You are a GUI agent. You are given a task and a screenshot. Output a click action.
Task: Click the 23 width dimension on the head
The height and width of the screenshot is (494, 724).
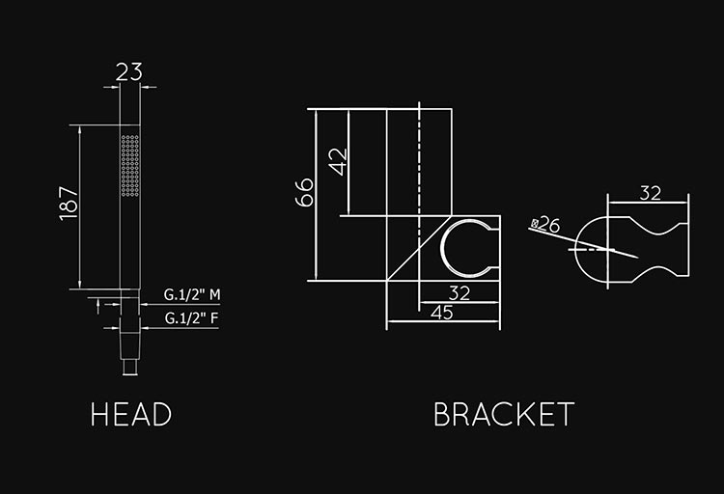(x=128, y=72)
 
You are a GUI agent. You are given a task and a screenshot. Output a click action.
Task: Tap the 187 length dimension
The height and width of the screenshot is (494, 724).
(x=70, y=204)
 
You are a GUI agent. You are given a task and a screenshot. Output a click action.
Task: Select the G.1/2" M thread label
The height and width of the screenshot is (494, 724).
(x=192, y=294)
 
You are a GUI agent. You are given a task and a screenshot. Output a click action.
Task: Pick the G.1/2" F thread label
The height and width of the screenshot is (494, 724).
(x=192, y=318)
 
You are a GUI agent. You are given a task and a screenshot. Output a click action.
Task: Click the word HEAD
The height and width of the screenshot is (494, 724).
(x=131, y=414)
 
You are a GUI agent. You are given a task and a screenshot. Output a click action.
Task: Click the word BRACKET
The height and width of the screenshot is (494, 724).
(x=504, y=414)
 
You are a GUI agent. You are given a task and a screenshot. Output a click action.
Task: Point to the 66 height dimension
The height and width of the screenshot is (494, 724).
(x=304, y=192)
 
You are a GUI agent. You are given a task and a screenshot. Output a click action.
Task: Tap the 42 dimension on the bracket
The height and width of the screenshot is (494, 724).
(x=340, y=162)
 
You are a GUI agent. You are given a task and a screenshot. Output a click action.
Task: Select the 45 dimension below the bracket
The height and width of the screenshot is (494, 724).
(x=442, y=313)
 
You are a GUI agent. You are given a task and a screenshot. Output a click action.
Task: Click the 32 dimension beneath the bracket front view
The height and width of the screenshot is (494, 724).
(x=459, y=293)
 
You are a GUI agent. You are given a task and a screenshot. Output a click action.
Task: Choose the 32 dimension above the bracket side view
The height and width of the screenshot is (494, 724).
(x=650, y=193)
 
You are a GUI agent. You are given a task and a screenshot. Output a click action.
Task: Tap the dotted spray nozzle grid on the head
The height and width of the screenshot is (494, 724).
(x=130, y=165)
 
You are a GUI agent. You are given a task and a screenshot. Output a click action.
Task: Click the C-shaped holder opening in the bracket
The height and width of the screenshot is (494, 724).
(x=442, y=248)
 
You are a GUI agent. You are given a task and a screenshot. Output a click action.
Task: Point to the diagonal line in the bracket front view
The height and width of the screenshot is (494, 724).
(x=419, y=248)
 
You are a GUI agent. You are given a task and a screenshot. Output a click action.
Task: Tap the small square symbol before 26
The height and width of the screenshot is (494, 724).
(x=535, y=224)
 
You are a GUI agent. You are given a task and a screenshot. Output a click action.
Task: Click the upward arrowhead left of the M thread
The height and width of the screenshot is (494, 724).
(x=97, y=302)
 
